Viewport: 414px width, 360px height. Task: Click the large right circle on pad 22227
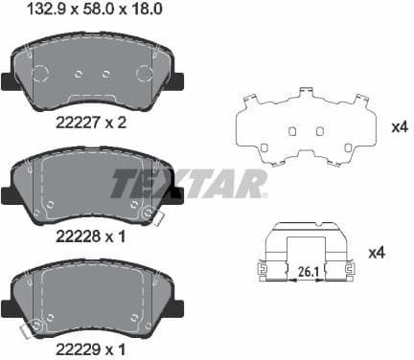[x=145, y=75]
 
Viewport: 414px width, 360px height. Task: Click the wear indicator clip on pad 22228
[x=148, y=214]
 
